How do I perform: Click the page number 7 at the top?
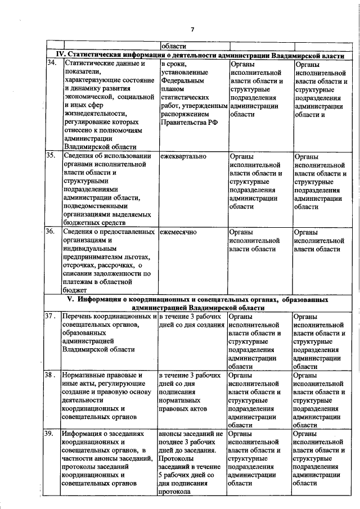point(192,30)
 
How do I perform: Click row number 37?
point(52,317)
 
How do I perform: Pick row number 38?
point(52,375)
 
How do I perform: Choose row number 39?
point(51,434)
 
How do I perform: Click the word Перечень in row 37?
point(79,317)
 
